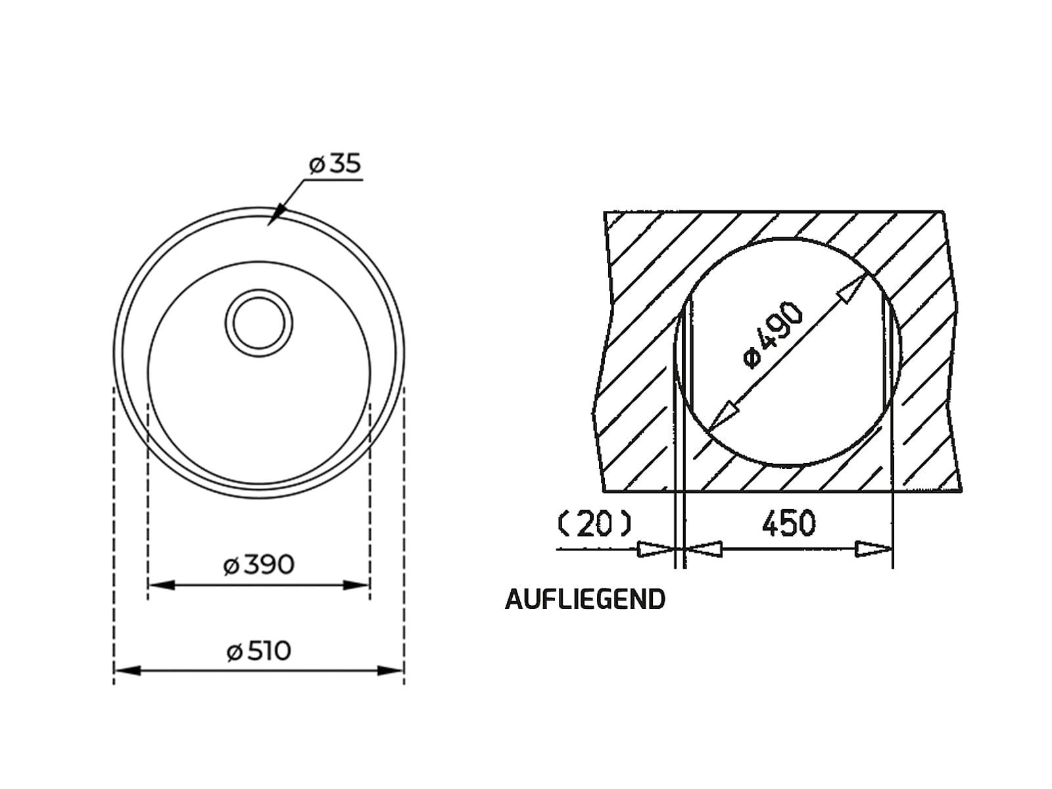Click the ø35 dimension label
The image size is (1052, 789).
pos(335,164)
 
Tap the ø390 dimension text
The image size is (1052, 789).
pos(259,565)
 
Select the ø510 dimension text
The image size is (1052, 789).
pos(259,651)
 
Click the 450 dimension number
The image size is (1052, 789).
pos(788,523)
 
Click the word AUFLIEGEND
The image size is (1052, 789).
pos(585,599)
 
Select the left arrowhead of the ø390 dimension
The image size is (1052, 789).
pos(162,585)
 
